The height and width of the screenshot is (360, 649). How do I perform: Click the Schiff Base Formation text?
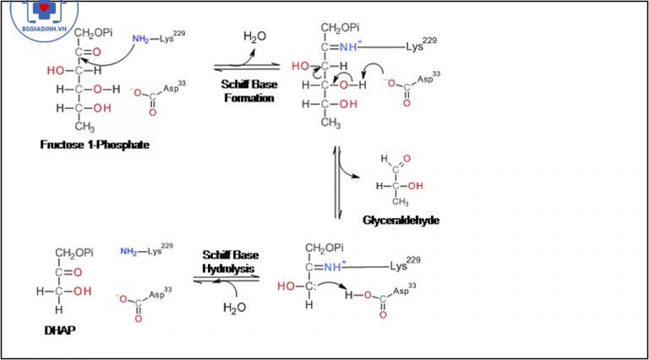pos(249,91)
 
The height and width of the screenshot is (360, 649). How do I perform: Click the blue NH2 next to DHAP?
pos(128,251)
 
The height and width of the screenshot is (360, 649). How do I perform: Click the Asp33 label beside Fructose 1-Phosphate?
pos(174,88)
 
